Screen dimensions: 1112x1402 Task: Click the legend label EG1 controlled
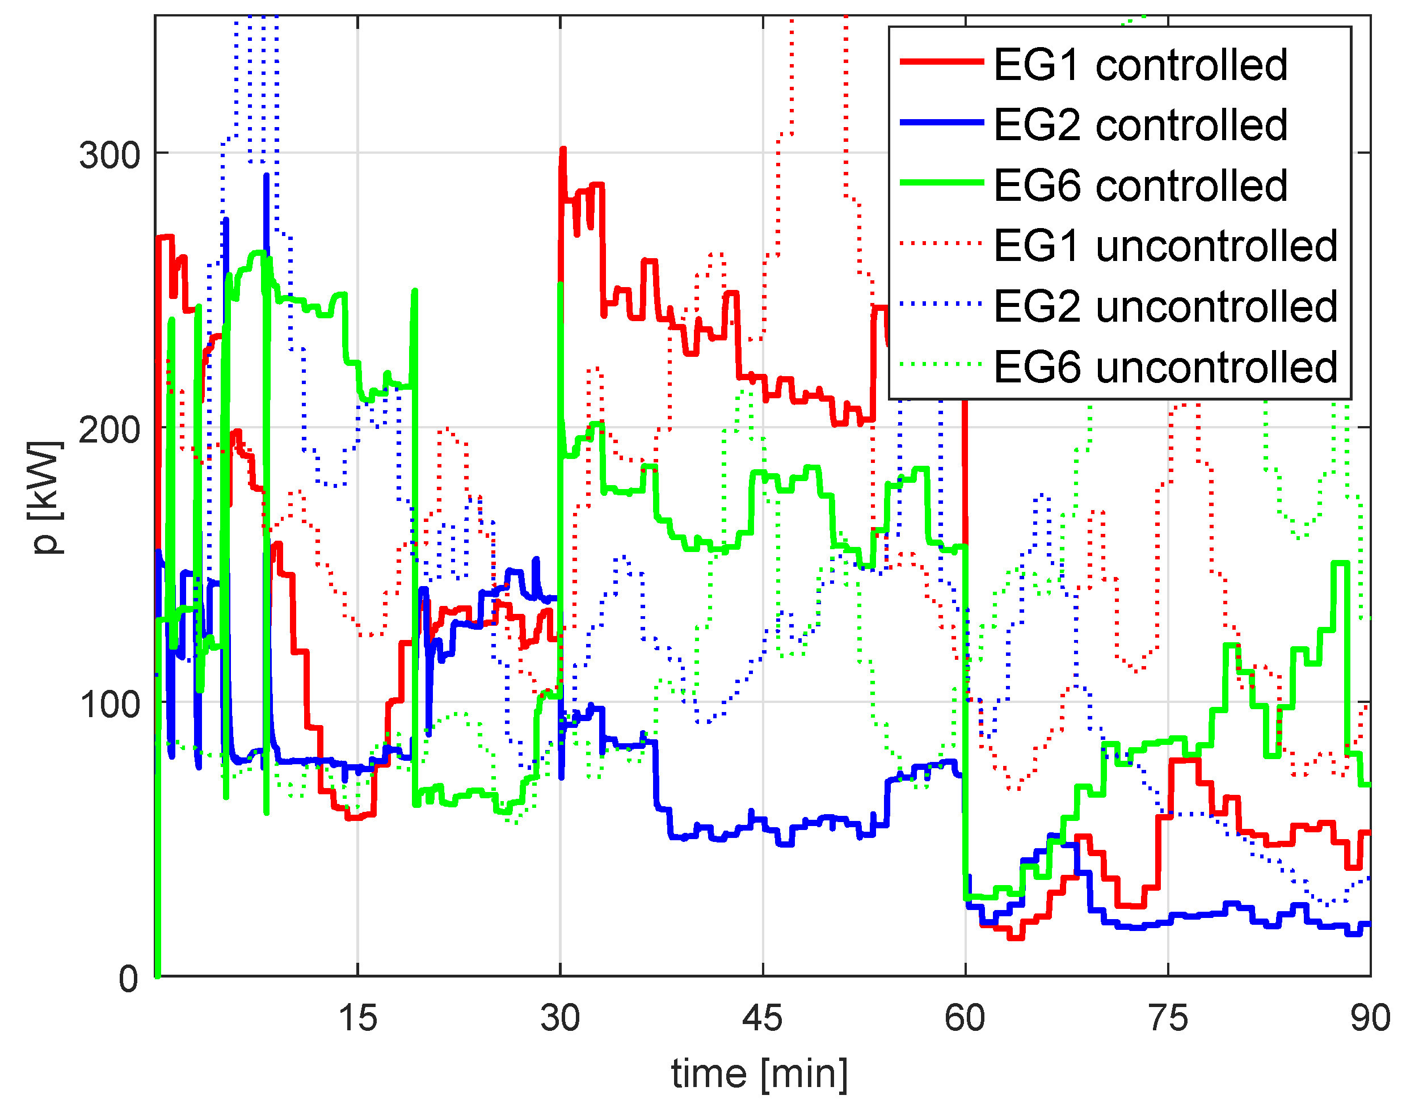pos(1140,65)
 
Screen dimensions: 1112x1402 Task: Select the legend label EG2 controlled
pos(1140,125)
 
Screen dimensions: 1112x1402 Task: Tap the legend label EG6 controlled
pos(1140,186)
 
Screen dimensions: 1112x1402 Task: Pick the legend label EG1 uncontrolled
pos(1165,246)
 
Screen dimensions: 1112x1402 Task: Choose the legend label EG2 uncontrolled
pos(1165,306)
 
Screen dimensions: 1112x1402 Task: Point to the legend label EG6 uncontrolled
pos(1165,367)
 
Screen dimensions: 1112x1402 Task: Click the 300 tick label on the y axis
pos(110,155)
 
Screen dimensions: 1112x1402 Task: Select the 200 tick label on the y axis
pos(110,430)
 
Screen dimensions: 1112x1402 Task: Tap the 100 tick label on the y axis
pos(110,704)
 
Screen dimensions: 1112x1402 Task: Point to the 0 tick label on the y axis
pos(128,979)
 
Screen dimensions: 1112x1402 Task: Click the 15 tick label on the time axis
pos(357,1018)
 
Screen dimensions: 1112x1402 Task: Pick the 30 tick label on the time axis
pos(560,1018)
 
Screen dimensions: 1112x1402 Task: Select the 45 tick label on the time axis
pos(762,1018)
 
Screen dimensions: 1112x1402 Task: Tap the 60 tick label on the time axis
pos(965,1018)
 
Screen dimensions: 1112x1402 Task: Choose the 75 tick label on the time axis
pos(1168,1018)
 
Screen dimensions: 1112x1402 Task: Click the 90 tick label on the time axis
pos(1370,1018)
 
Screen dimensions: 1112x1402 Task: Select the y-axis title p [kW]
pos(47,498)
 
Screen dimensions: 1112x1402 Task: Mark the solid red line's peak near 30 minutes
pos(563,150)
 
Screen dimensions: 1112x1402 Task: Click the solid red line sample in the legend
pos(942,62)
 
